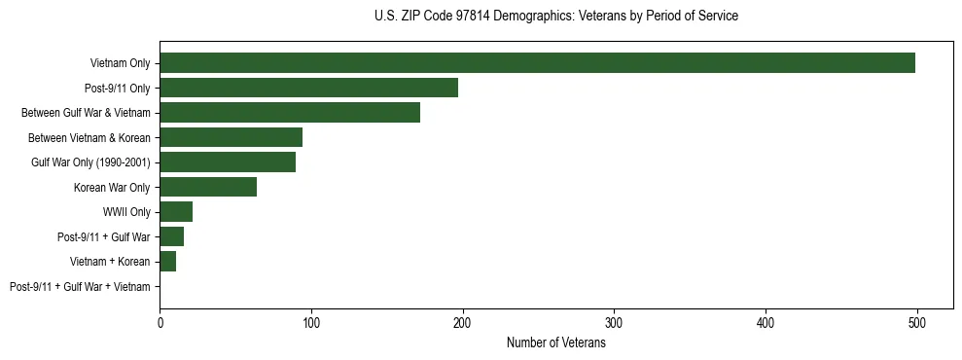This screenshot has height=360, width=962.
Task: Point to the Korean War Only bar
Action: click(x=208, y=187)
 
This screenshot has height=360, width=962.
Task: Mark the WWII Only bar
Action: click(x=176, y=212)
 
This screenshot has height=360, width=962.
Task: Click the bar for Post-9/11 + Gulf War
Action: click(x=171, y=236)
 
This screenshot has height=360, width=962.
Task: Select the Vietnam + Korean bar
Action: click(x=167, y=262)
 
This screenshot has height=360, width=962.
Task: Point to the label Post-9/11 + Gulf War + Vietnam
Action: click(x=80, y=287)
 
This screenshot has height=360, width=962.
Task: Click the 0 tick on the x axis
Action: click(x=160, y=324)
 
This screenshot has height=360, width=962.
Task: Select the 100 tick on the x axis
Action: click(x=311, y=324)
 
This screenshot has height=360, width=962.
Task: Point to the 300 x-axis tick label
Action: click(x=614, y=324)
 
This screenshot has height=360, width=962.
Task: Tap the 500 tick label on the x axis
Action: click(x=916, y=324)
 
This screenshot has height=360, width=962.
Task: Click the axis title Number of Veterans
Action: click(x=555, y=342)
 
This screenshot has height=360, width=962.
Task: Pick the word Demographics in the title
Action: click(x=536, y=17)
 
